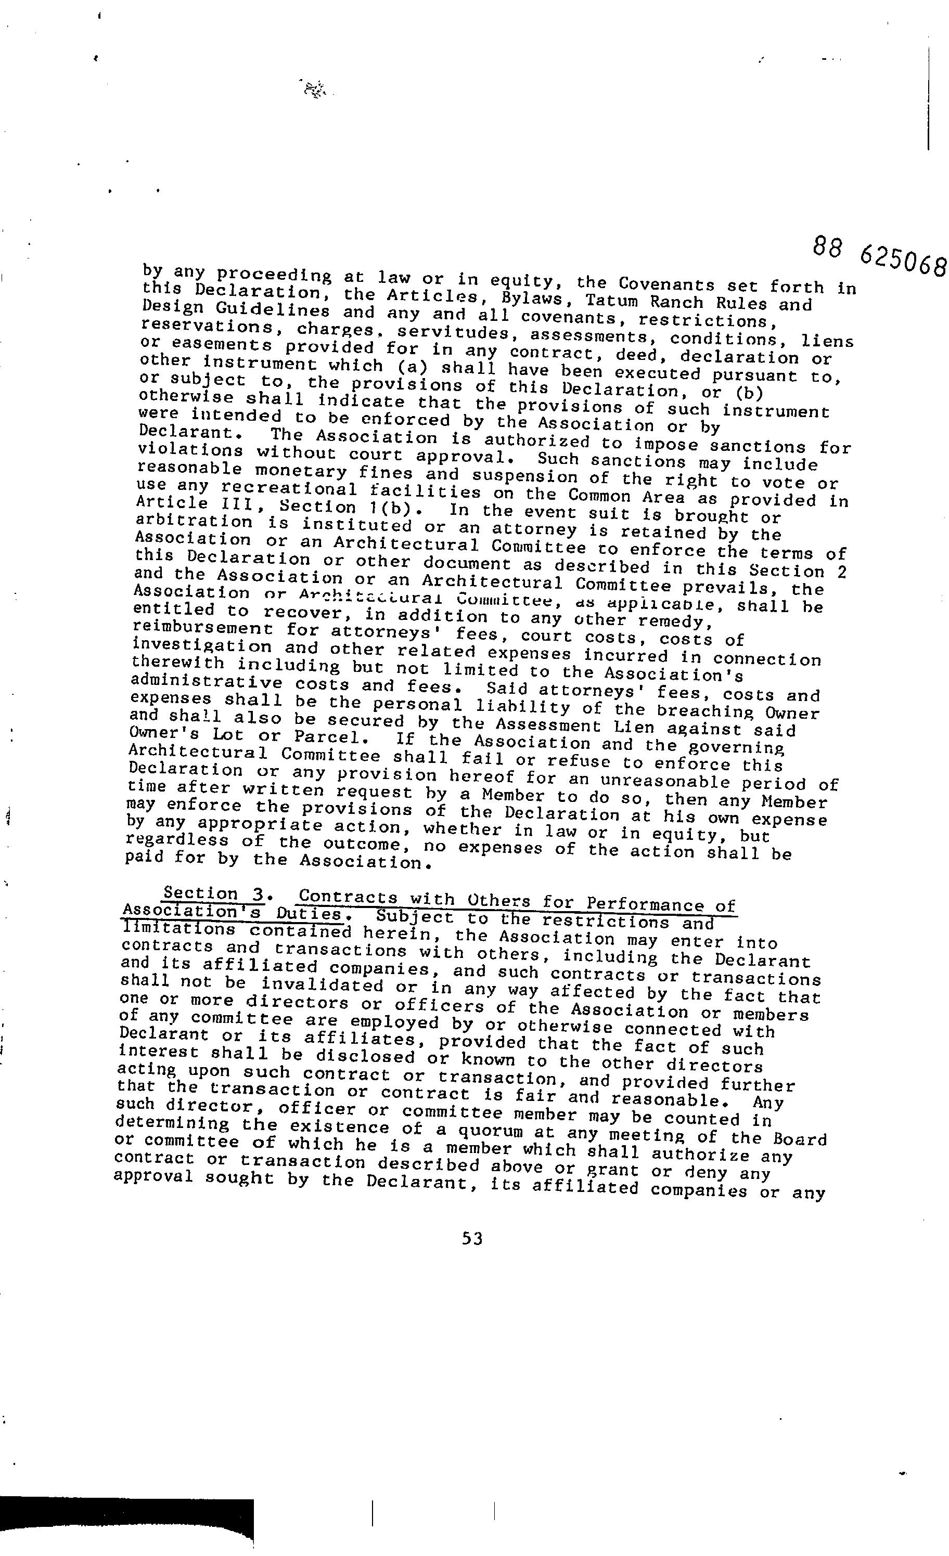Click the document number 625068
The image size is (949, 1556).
click(x=903, y=260)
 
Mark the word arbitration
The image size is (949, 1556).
click(x=194, y=522)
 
